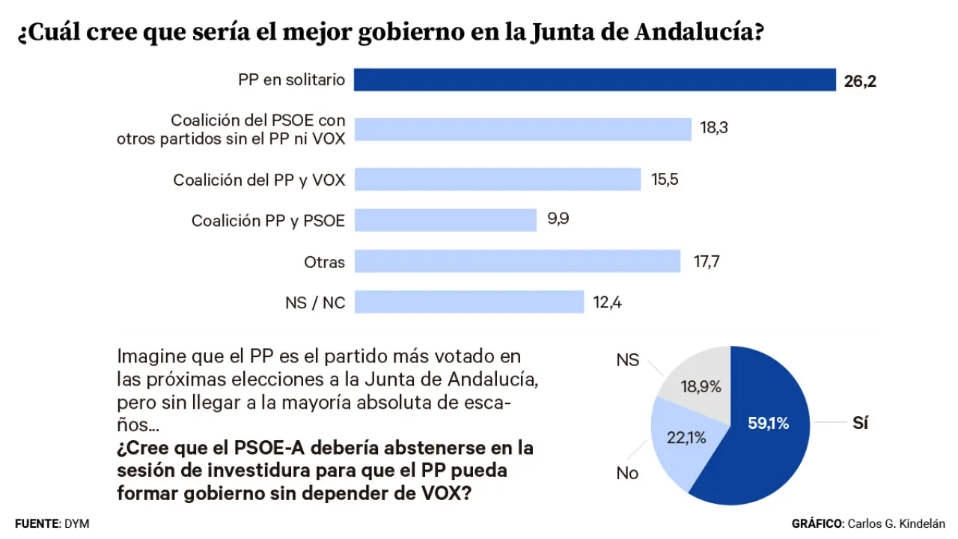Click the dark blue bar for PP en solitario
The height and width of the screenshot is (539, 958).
(594, 80)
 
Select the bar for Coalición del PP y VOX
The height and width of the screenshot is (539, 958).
(497, 180)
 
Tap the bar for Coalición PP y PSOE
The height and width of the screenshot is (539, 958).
(445, 220)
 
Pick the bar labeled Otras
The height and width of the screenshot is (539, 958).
(517, 261)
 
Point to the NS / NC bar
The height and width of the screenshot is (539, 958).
(469, 302)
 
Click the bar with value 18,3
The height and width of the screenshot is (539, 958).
(522, 129)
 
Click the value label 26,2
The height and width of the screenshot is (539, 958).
(860, 81)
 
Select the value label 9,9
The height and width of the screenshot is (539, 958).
(558, 220)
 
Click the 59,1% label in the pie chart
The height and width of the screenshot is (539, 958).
(768, 424)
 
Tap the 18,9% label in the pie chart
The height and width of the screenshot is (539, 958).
(701, 387)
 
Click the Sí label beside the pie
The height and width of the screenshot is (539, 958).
(860, 423)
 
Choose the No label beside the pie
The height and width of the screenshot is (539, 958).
(627, 473)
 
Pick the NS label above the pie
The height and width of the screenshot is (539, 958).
(627, 360)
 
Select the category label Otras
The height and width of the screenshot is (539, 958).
(325, 262)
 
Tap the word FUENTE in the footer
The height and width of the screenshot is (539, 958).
(36, 524)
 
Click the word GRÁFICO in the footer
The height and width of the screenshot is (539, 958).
(817, 524)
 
